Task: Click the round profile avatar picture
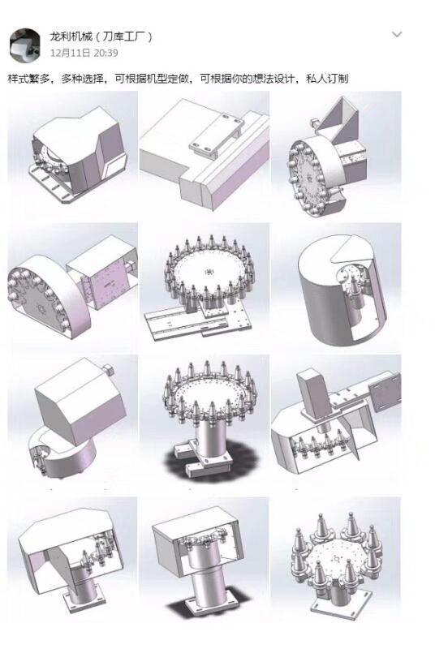click(25, 45)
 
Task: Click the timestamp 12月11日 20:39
click(84, 53)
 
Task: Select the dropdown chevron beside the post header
click(397, 34)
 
